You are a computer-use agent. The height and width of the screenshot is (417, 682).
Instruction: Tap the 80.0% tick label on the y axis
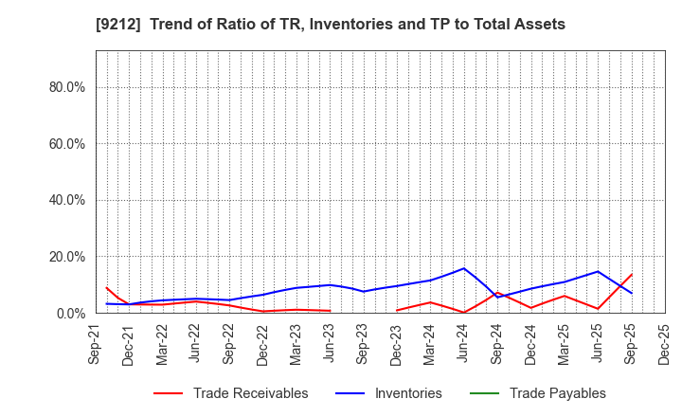point(65,87)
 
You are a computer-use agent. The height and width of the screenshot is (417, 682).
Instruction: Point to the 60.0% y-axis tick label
point(65,144)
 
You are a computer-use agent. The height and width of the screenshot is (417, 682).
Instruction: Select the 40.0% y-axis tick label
point(65,200)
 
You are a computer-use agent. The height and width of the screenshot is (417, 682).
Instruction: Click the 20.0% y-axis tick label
point(65,257)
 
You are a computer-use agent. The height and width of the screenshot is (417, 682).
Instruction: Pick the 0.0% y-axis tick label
point(69,313)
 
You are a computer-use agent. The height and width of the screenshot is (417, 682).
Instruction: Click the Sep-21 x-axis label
point(96,345)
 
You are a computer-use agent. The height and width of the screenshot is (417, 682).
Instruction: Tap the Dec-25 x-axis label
point(664,345)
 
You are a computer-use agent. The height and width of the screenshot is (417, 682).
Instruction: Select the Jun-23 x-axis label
point(330,345)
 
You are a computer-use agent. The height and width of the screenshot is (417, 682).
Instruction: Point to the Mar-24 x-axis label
point(430,345)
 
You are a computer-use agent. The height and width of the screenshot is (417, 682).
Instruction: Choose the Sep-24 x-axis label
point(497,345)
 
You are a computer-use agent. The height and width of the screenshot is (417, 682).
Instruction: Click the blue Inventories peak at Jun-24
point(463,268)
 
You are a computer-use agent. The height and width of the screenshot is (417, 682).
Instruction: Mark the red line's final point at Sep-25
point(631,275)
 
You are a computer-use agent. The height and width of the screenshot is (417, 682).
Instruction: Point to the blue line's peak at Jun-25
point(598,272)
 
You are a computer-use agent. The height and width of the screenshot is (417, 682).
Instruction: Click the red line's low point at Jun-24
point(463,312)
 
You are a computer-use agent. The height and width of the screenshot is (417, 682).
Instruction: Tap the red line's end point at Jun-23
point(330,311)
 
